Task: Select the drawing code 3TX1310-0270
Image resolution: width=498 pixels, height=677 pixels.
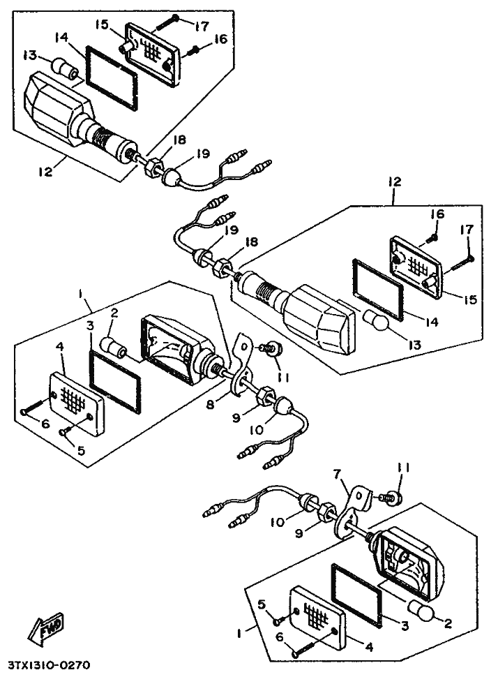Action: [49, 665]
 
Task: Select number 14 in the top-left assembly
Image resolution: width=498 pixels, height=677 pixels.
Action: [61, 36]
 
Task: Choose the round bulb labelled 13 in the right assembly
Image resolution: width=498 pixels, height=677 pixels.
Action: [377, 320]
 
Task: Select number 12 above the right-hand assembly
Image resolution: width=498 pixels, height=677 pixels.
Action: [395, 181]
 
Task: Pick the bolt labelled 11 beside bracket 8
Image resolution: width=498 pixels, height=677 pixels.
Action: [269, 347]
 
